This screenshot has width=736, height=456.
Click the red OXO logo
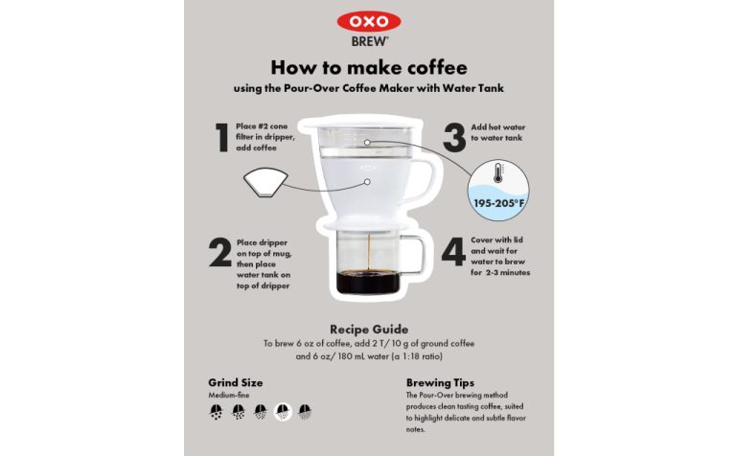point(369,21)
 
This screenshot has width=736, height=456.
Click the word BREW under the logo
point(369,42)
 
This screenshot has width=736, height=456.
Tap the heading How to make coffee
point(368,68)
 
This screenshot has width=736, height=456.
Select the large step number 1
point(221,137)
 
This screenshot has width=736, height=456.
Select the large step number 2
point(220,252)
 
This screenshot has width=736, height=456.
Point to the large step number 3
point(454,135)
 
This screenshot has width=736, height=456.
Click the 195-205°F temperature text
point(500,203)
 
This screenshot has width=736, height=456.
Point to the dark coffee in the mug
point(368,283)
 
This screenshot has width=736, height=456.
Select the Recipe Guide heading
point(368,328)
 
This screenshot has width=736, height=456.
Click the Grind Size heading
point(235,382)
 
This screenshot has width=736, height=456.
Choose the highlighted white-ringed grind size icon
point(283,412)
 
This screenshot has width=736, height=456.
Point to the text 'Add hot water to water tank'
point(497,132)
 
